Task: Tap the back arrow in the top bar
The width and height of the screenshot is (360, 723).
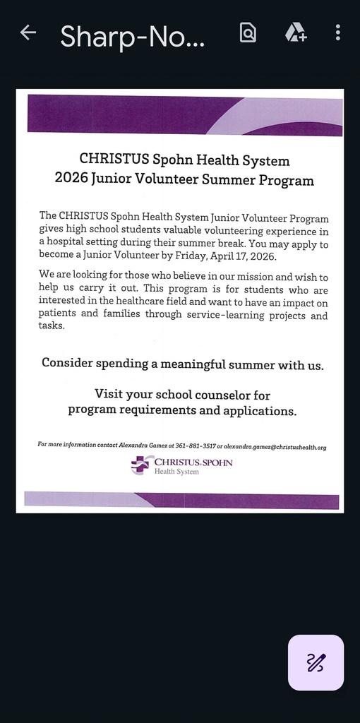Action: (28, 32)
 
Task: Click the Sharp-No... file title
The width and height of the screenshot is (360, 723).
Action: (132, 36)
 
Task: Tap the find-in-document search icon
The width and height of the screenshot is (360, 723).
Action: (248, 32)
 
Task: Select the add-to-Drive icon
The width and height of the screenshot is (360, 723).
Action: (295, 32)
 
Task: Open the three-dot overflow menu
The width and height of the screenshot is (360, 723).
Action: (338, 32)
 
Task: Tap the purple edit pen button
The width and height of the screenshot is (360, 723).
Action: (316, 662)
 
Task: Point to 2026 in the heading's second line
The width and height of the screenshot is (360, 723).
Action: (71, 179)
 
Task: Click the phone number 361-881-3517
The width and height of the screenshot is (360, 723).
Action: (196, 446)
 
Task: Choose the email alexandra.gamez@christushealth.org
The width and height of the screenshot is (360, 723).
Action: (275, 446)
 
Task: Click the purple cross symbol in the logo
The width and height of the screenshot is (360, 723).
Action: (140, 464)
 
